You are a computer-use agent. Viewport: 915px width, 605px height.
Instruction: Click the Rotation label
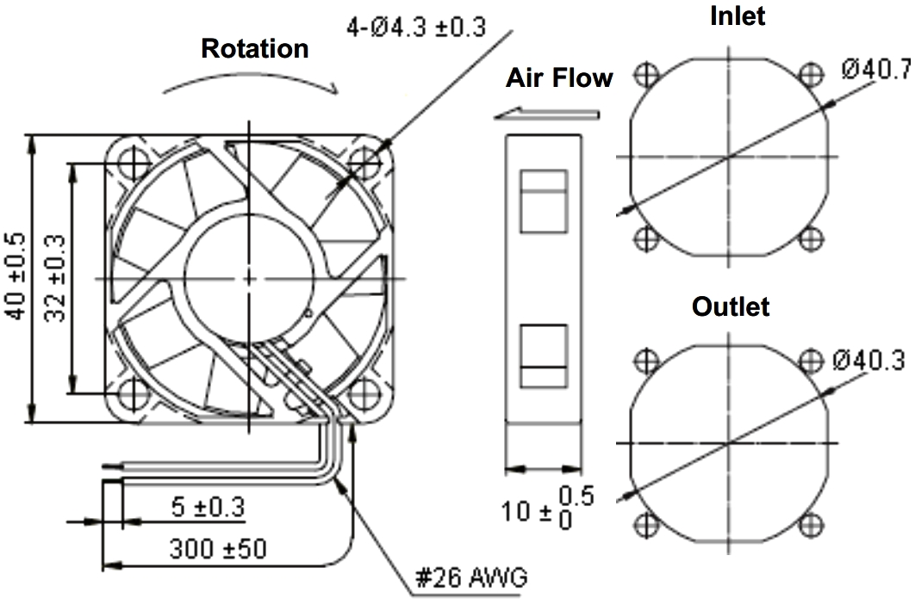tap(254, 49)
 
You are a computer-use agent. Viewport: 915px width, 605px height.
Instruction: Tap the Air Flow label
tap(558, 78)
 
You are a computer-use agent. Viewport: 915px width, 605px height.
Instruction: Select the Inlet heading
tap(738, 15)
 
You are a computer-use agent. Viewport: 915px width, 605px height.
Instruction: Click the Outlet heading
tap(731, 306)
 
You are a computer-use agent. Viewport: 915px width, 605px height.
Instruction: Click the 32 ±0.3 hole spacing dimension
tap(55, 278)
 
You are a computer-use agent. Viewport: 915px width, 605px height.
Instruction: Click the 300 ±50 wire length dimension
tap(218, 547)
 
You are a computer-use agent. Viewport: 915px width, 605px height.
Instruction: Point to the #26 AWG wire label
tap(470, 577)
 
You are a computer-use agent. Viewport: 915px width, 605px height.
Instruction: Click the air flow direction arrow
tap(547, 114)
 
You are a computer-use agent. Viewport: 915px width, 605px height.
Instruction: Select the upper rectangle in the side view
tap(544, 201)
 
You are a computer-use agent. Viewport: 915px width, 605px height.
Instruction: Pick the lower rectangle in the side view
tap(544, 357)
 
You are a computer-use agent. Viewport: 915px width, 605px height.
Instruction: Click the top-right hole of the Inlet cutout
tap(811, 74)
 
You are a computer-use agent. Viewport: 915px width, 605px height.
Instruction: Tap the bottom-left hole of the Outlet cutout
tap(645, 525)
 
